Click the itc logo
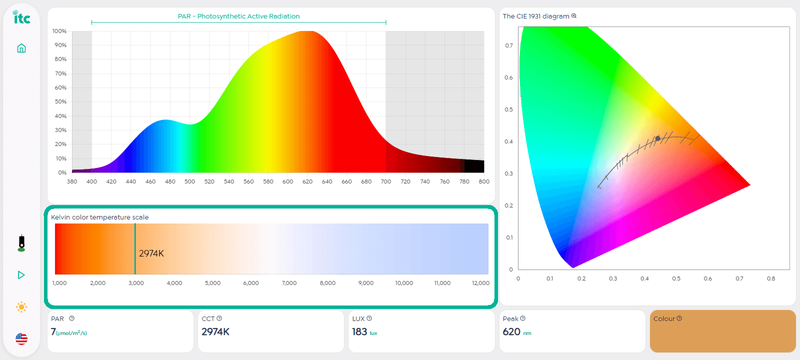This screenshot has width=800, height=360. click(x=20, y=17)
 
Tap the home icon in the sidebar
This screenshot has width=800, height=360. click(x=21, y=48)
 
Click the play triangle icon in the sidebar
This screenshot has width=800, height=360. click(x=21, y=275)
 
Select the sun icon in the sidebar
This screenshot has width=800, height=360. click(x=21, y=306)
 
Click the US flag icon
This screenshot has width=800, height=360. click(x=21, y=339)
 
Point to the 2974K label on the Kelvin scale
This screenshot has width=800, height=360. click(x=151, y=253)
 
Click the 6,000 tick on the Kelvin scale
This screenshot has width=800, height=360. click(x=250, y=283)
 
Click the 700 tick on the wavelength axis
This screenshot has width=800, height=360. click(x=386, y=182)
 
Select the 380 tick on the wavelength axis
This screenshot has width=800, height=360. click(x=72, y=182)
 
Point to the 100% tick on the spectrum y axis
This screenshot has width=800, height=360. click(x=59, y=31)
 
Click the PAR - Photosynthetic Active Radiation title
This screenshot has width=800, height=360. click(x=238, y=16)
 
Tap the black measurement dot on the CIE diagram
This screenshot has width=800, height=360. click(x=657, y=138)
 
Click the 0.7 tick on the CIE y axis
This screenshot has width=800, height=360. click(x=509, y=45)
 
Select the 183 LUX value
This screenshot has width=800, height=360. click(x=360, y=332)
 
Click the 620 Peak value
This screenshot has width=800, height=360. click(x=511, y=332)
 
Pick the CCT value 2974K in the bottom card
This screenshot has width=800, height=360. click(x=215, y=332)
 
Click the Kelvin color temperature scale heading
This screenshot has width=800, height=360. click(x=100, y=217)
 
